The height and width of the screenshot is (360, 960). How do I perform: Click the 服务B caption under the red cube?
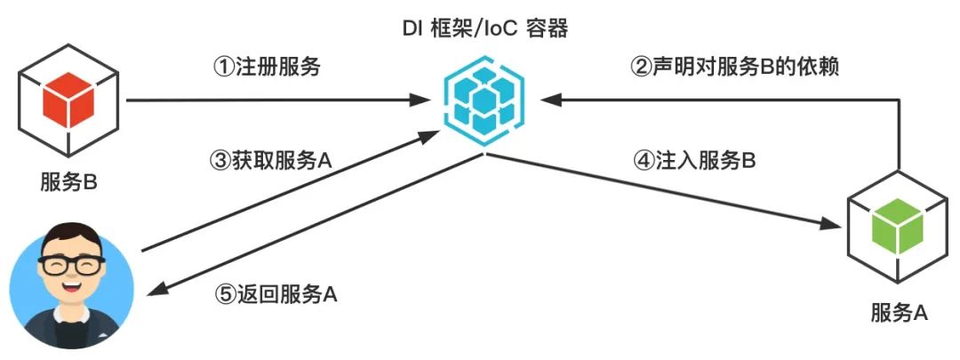(x=68, y=182)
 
